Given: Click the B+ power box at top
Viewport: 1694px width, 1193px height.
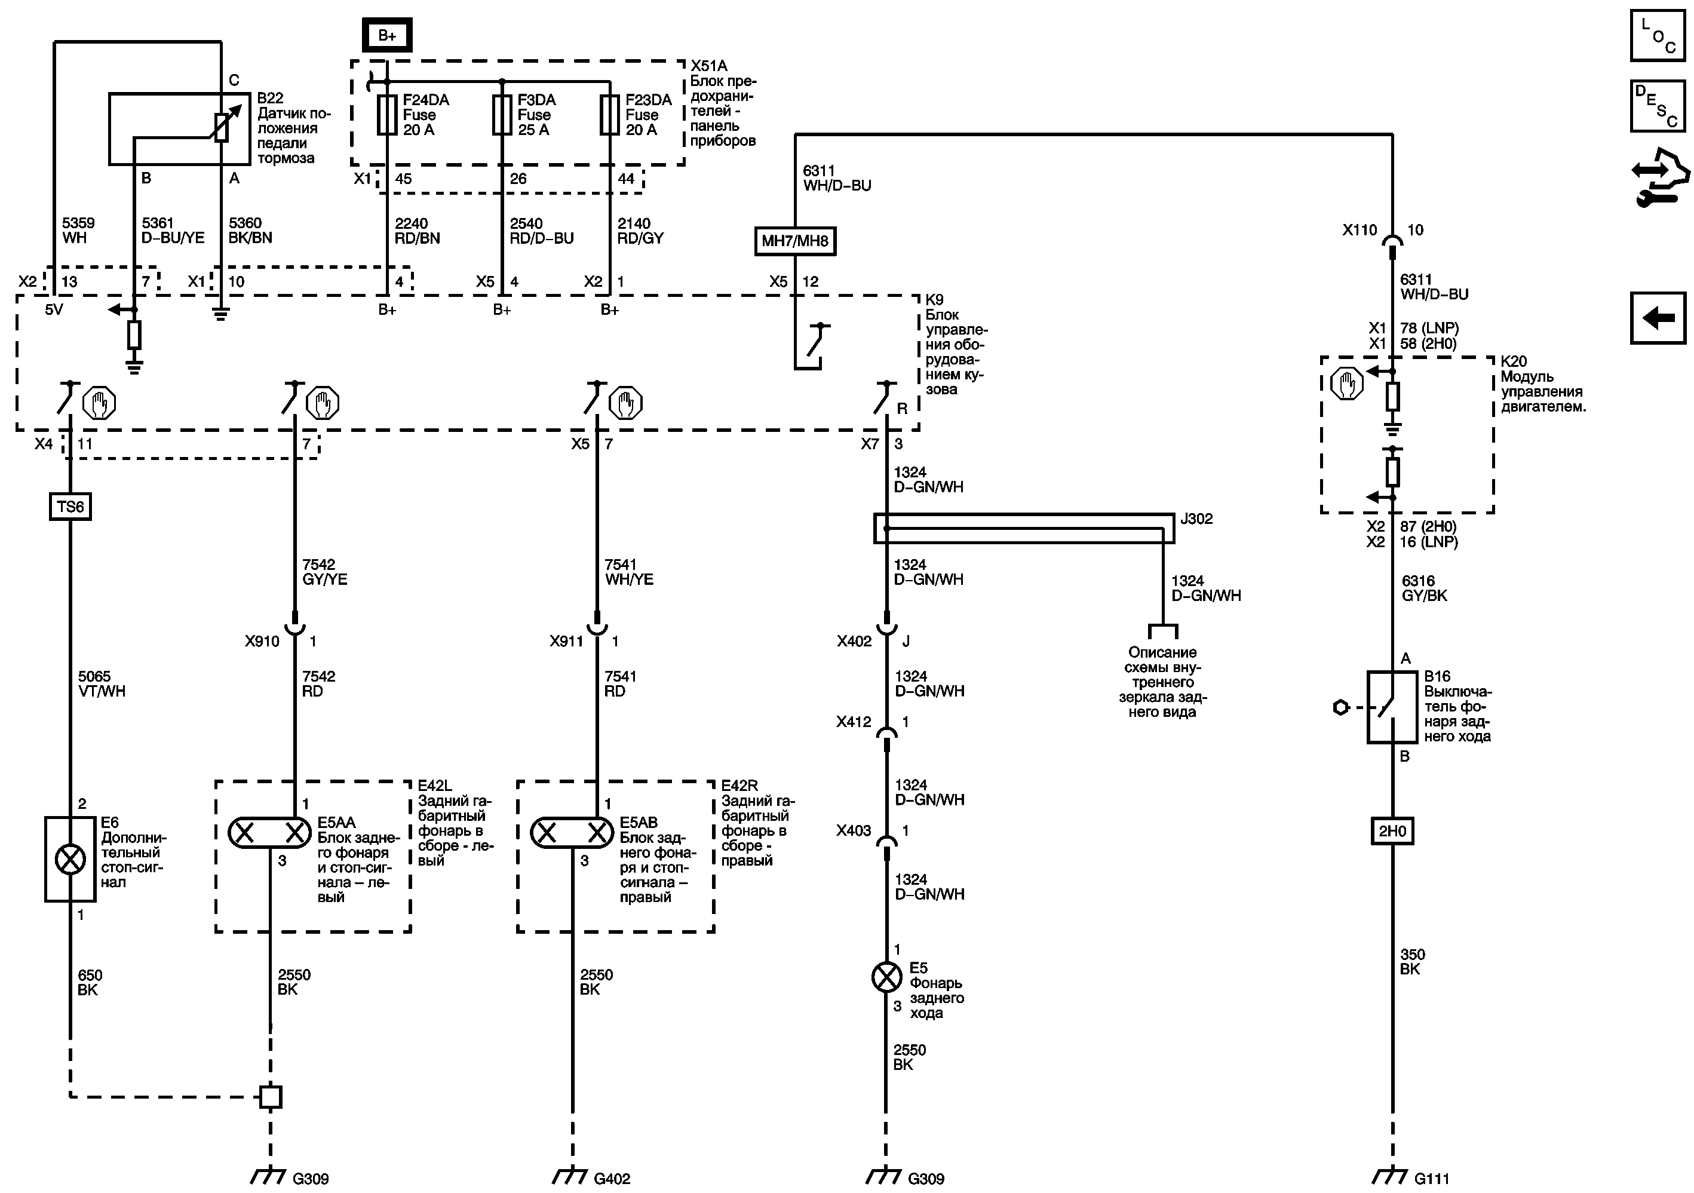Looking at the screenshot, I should (x=386, y=35).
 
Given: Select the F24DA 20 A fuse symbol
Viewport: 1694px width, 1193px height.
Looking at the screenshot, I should (x=386, y=114).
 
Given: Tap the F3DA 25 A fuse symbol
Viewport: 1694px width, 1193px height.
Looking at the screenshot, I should (x=502, y=114).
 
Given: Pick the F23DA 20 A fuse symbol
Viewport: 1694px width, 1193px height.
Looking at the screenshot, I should (x=609, y=114).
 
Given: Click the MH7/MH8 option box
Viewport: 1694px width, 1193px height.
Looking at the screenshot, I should (x=794, y=241).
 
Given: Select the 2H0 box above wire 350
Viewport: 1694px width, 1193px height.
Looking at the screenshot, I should (x=1392, y=831).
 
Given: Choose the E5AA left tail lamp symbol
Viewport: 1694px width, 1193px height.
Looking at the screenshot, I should (x=269, y=833).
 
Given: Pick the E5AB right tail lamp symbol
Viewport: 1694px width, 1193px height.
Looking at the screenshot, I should (x=572, y=833).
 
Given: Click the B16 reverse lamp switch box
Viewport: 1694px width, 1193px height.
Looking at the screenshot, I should (x=1392, y=707).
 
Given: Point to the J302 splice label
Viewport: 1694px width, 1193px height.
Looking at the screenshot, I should (x=1196, y=519).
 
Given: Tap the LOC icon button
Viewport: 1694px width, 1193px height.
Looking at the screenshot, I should (x=1658, y=35).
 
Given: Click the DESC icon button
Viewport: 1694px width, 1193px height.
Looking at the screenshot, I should (x=1658, y=106).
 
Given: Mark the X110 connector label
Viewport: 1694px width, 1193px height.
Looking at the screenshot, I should (x=1359, y=230).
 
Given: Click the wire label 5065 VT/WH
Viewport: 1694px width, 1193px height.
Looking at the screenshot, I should (x=102, y=684).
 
